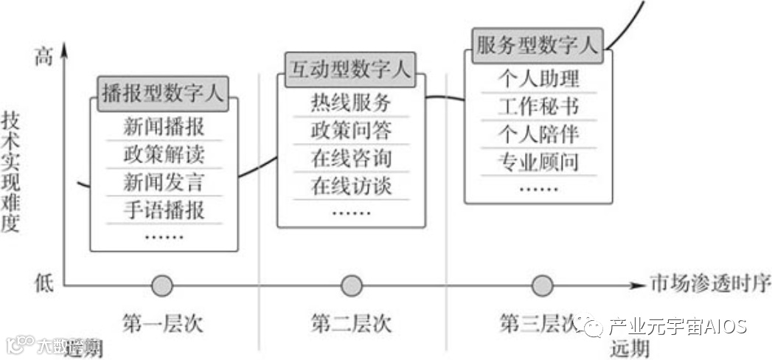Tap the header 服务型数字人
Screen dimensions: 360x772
536,44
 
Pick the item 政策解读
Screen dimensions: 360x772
164,154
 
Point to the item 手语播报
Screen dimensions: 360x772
164,210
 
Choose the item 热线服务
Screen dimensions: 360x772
351,103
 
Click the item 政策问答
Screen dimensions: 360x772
351,131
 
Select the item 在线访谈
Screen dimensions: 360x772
351,186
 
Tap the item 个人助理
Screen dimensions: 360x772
538,78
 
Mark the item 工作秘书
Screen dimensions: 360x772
538,105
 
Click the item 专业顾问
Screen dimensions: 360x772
538,161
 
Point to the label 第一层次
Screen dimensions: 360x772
162,323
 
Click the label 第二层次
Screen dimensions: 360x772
351,323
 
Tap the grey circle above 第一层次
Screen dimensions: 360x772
161,285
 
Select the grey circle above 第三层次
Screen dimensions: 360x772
542,285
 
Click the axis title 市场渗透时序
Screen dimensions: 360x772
709,283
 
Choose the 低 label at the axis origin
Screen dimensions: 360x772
44,283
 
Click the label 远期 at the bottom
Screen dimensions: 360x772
630,348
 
